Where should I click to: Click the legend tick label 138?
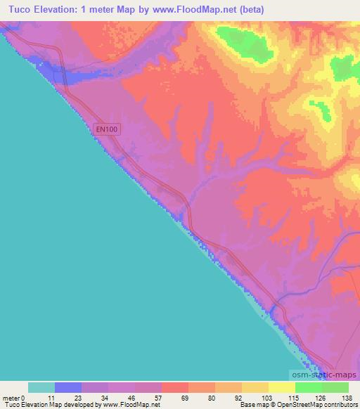tap(349, 397)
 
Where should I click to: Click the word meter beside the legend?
tap(11, 397)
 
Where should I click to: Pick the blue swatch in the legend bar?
tap(68, 387)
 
